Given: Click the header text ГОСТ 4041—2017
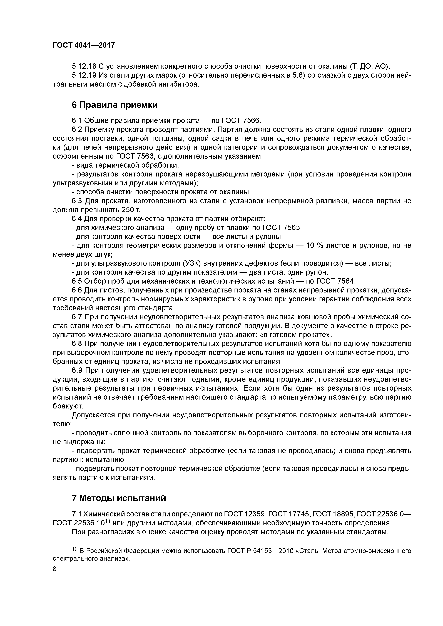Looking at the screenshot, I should pos(84,45).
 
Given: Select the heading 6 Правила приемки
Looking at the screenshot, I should pos(115,105).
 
